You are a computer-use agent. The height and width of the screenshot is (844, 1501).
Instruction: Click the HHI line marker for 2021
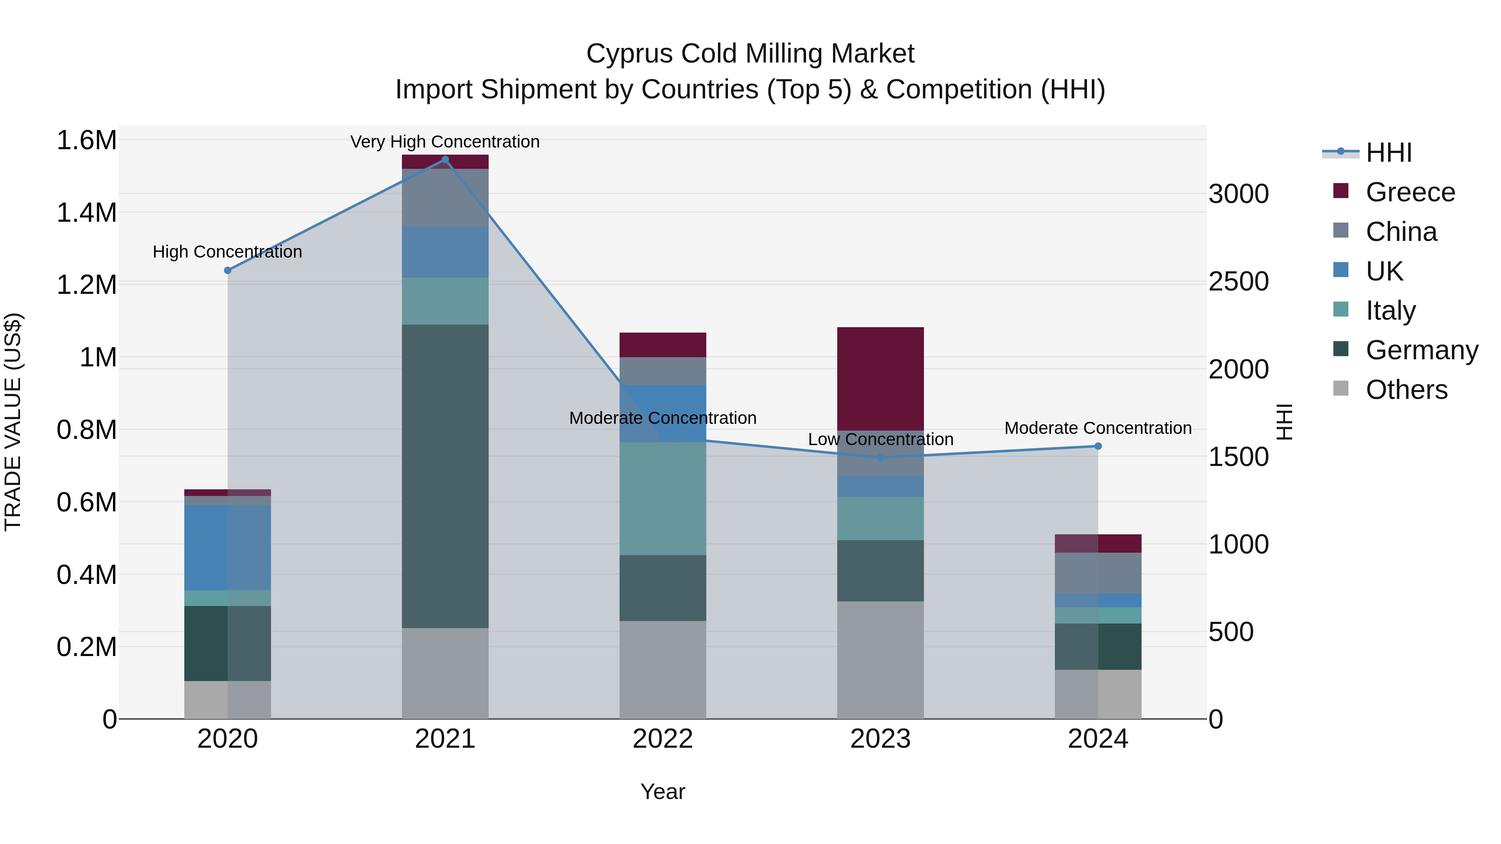[445, 160]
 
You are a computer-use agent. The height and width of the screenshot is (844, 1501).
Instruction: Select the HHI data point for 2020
[228, 270]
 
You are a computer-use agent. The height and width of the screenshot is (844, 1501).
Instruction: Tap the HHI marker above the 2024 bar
[1098, 446]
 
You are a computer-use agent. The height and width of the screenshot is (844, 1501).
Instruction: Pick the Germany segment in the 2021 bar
[445, 476]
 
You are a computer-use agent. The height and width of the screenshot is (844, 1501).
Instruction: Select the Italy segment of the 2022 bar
[663, 498]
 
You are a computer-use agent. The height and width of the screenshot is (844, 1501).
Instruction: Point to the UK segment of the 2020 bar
[228, 548]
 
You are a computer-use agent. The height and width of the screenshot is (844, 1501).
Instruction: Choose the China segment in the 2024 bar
[1098, 573]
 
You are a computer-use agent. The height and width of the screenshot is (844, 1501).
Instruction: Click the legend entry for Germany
[1422, 350]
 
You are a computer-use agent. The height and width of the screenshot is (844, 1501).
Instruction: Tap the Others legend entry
[1406, 390]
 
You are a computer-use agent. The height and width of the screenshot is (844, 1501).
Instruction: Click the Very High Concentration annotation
[445, 142]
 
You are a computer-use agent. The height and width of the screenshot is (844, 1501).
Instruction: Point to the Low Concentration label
[881, 439]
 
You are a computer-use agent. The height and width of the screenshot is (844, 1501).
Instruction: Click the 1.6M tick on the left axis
[86, 140]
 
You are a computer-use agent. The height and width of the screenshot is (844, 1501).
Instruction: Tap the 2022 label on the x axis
[663, 739]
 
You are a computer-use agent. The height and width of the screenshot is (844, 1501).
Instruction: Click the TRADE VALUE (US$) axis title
[13, 422]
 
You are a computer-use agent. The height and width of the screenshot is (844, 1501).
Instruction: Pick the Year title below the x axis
[663, 791]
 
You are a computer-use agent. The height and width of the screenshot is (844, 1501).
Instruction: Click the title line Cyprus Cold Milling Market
[750, 54]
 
